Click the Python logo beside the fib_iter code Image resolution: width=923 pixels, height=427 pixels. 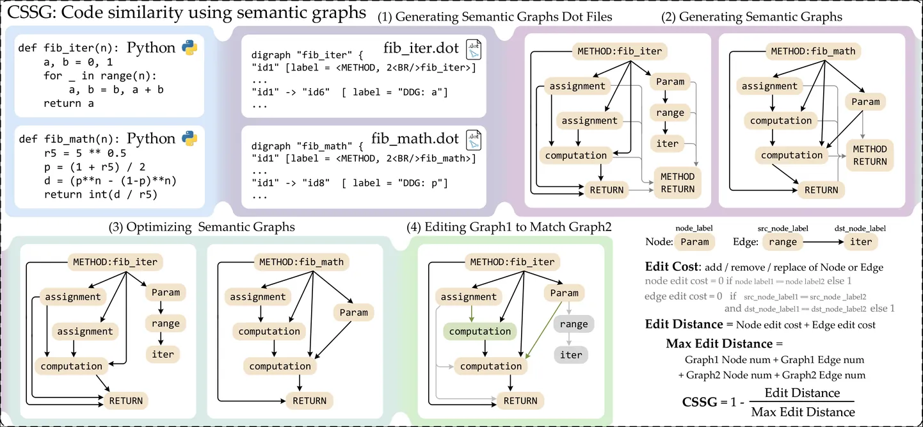(x=189, y=49)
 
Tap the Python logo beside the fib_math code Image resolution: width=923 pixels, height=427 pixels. (x=189, y=139)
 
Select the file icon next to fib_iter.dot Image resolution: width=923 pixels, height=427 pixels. (x=474, y=49)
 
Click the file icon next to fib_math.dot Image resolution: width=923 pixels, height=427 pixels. (x=474, y=139)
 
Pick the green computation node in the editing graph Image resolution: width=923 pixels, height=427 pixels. (x=480, y=332)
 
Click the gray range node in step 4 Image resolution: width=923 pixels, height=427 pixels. (x=574, y=324)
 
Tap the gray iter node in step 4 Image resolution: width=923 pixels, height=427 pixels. (x=571, y=355)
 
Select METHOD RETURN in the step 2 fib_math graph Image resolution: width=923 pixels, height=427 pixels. (x=870, y=156)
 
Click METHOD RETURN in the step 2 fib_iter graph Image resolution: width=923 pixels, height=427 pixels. (x=677, y=182)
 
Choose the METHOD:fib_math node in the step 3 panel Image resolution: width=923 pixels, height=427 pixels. (x=301, y=262)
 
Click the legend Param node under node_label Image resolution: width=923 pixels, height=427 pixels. (x=694, y=242)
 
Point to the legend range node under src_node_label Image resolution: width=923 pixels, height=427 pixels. (x=783, y=242)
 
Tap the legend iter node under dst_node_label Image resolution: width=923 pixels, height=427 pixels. (x=860, y=242)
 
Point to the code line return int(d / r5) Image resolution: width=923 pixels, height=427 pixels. (x=100, y=194)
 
